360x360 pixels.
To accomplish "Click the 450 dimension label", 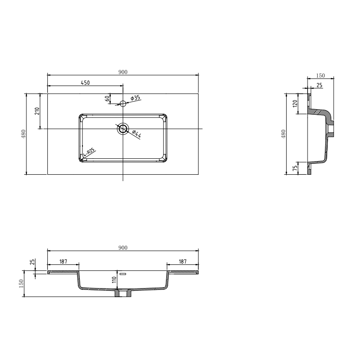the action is click(x=85, y=83).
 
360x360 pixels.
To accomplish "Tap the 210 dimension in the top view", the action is click(x=37, y=111).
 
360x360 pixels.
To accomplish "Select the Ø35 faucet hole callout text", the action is click(x=135, y=98).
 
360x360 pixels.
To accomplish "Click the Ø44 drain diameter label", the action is click(x=136, y=134).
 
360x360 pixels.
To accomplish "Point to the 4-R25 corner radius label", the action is click(x=89, y=152).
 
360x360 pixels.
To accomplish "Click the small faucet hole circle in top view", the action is click(x=123, y=104).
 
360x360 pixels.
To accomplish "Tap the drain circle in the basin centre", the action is click(x=123, y=128).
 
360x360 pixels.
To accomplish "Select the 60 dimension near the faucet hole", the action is click(x=107, y=98).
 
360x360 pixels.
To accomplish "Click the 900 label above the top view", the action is click(x=123, y=72).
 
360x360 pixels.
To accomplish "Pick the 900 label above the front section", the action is click(x=123, y=248).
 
